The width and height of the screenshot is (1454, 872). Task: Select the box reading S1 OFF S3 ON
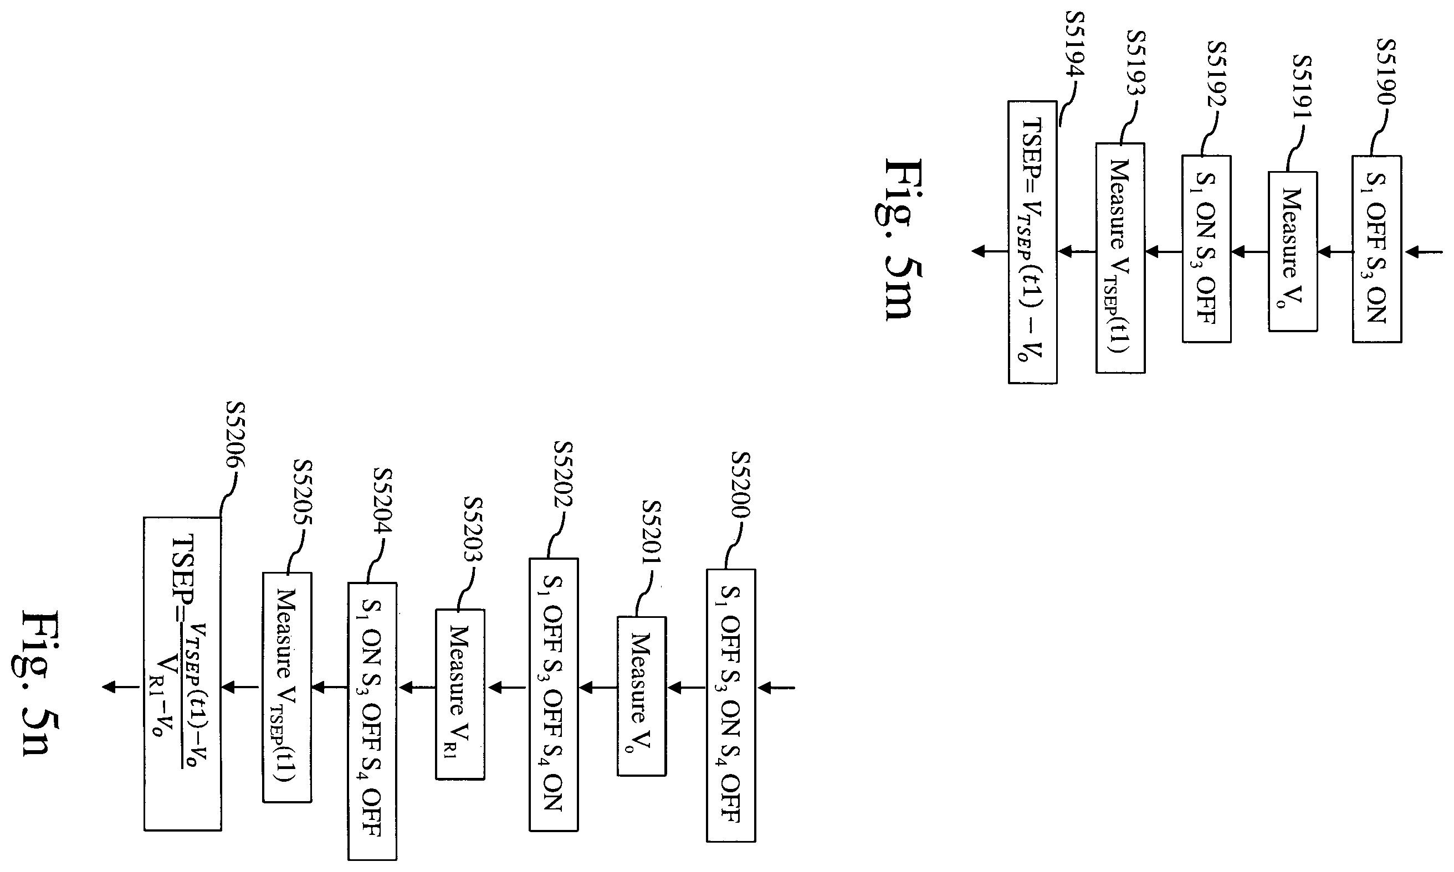pyautogui.click(x=1376, y=249)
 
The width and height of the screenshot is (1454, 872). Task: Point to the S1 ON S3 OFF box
pyautogui.click(x=1206, y=249)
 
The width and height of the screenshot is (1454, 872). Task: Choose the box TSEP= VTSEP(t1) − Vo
pyautogui.click(x=1032, y=242)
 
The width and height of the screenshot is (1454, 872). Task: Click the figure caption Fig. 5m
pyautogui.click(x=902, y=240)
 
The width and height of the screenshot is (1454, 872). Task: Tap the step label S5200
pyautogui.click(x=741, y=485)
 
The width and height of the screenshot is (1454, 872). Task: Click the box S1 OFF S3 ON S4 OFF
pyautogui.click(x=731, y=705)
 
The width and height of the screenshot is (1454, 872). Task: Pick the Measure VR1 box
pyautogui.click(x=460, y=694)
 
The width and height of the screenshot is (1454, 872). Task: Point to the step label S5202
pyautogui.click(x=563, y=475)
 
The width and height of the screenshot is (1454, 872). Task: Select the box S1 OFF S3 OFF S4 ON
pyautogui.click(x=553, y=694)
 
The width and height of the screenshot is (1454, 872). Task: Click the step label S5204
pyautogui.click(x=383, y=501)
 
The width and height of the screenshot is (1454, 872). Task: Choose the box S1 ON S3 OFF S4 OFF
pyautogui.click(x=372, y=721)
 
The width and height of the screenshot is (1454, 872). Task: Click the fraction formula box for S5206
pyautogui.click(x=182, y=674)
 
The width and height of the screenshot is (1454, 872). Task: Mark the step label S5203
pyautogui.click(x=473, y=529)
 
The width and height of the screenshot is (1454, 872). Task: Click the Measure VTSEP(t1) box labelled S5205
pyautogui.click(x=287, y=687)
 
